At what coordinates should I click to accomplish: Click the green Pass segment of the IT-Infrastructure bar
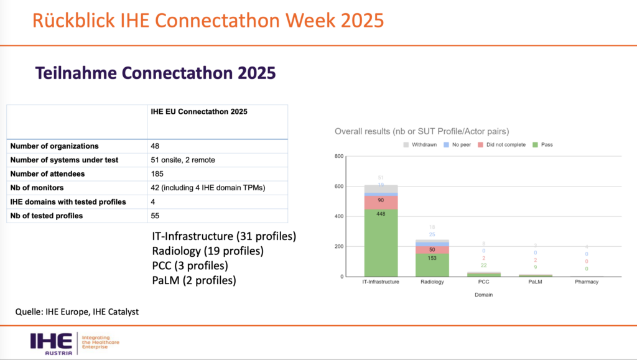coord(381,246)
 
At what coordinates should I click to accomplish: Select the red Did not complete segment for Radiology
coord(432,249)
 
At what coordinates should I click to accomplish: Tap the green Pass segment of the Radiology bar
coord(432,265)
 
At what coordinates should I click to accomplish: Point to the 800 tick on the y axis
coord(340,156)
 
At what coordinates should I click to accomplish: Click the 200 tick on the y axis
coord(340,246)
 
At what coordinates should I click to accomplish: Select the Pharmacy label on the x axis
coord(586,282)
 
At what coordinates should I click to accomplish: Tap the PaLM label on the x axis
coord(535,282)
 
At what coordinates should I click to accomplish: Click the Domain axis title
coord(483,295)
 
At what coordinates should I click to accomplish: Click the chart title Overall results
coord(422,131)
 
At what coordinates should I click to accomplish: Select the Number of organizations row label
coord(54,146)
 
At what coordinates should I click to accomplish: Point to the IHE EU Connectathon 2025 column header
coord(199,112)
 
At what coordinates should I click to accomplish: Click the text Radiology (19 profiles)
coord(208,251)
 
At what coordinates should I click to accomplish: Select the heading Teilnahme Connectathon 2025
coord(156,73)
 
